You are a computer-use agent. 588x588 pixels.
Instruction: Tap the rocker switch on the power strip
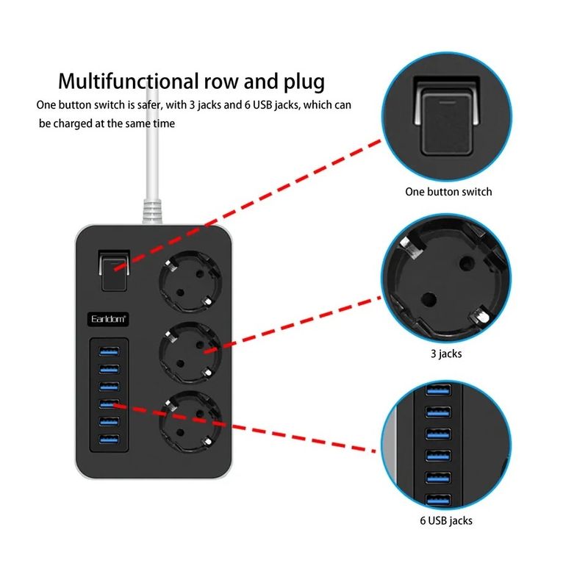(x=112, y=270)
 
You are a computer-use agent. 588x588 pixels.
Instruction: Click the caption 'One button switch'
(x=448, y=192)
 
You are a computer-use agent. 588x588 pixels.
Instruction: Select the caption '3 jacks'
(x=445, y=354)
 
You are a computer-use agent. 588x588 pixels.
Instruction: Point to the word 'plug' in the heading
(x=300, y=80)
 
